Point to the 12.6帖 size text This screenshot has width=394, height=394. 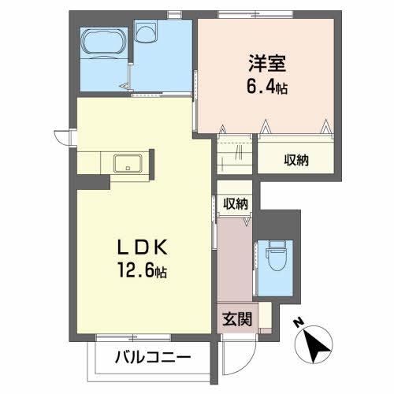pyautogui.click(x=139, y=273)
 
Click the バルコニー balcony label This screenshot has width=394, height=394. pyautogui.click(x=154, y=358)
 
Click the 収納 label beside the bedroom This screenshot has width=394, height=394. pyautogui.click(x=296, y=160)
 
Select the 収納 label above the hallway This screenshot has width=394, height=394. pyautogui.click(x=235, y=203)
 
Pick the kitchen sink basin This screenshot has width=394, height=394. pyautogui.click(x=128, y=164)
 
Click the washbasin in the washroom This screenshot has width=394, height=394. pyautogui.click(x=147, y=32)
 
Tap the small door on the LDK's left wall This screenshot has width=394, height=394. pyautogui.click(x=62, y=138)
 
